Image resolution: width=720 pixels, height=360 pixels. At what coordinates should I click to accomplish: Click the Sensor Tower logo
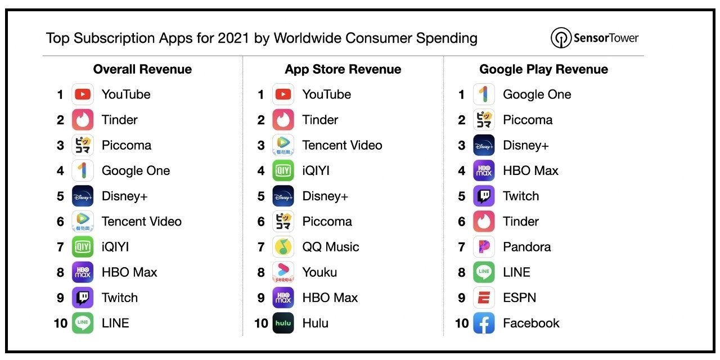click(595, 38)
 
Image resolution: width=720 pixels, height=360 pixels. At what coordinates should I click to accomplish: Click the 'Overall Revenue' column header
click(142, 69)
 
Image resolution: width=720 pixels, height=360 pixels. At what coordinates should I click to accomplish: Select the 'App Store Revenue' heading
click(343, 69)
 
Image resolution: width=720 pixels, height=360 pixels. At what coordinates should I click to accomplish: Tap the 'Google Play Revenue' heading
click(543, 69)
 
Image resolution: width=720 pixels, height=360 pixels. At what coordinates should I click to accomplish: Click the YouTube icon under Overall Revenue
click(83, 94)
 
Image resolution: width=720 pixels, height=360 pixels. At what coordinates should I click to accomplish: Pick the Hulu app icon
click(283, 323)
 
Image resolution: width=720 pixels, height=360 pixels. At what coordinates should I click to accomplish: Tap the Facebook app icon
click(484, 323)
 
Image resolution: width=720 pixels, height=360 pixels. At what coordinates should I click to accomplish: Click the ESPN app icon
click(484, 298)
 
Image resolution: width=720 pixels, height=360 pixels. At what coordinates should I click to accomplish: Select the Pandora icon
click(484, 247)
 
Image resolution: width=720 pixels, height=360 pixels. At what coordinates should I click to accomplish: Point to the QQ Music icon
click(283, 247)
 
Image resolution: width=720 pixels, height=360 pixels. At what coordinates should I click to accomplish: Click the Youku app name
click(319, 272)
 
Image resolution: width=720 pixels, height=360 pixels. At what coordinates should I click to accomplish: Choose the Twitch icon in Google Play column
click(484, 196)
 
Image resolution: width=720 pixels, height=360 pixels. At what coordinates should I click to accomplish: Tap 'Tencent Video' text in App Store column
click(342, 145)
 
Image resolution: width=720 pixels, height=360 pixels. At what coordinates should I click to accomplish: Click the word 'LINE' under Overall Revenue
click(115, 323)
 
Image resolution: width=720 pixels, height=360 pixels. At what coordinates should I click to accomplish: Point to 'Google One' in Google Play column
click(537, 94)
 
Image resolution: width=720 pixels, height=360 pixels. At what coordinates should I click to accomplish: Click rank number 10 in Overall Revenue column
click(60, 323)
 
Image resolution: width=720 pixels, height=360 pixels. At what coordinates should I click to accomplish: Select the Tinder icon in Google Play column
click(484, 222)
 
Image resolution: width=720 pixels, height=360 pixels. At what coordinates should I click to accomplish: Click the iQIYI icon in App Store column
click(283, 170)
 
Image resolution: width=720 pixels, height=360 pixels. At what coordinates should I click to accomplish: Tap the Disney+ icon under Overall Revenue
click(83, 196)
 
